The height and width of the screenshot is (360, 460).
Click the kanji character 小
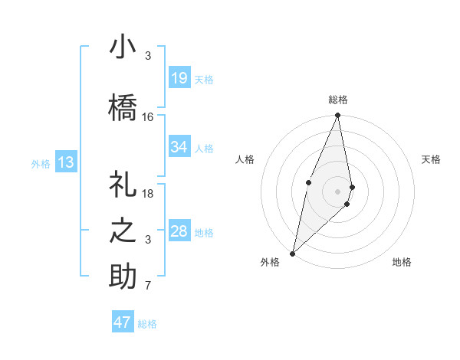tap(123, 48)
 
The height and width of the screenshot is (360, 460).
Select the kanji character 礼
tap(123, 184)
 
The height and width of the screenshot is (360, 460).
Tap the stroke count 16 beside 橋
tap(148, 117)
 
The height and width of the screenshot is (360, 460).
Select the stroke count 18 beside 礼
tap(148, 194)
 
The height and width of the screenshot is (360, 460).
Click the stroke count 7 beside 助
tap(148, 286)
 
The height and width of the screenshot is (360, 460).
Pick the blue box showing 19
tap(179, 78)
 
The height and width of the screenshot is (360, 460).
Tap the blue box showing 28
tap(179, 231)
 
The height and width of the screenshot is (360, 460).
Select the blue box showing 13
tap(65, 162)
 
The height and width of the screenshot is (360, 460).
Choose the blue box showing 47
tap(123, 322)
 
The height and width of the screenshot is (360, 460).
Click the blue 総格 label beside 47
tap(147, 324)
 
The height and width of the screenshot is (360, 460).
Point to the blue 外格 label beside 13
tap(41, 163)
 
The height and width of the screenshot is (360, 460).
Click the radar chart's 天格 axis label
tap(432, 159)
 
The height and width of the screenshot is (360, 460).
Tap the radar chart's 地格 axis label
tap(402, 262)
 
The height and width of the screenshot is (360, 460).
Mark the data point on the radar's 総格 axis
tap(337, 116)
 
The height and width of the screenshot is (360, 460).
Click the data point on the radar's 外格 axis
tap(292, 253)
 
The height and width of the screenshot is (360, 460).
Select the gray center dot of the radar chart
tap(337, 191)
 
